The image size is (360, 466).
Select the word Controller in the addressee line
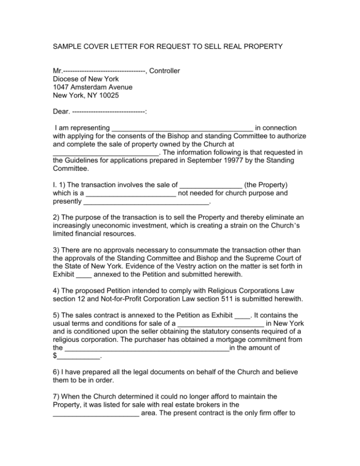tap(165, 71)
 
